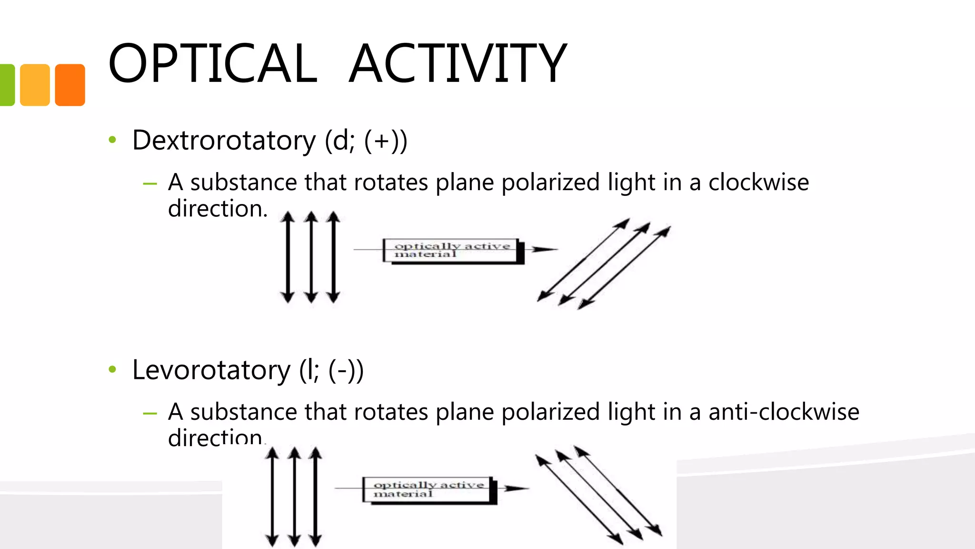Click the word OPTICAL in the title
(x=212, y=63)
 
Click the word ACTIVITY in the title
(x=458, y=63)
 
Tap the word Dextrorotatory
(x=224, y=140)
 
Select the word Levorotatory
(x=211, y=370)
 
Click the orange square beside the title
(x=70, y=85)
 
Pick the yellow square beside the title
(x=35, y=85)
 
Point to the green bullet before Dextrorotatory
(x=112, y=140)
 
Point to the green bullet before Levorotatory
(x=112, y=369)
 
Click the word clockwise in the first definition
(x=758, y=183)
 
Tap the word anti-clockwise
(x=784, y=412)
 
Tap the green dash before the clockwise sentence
(x=149, y=184)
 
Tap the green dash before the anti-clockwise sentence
(x=149, y=414)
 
